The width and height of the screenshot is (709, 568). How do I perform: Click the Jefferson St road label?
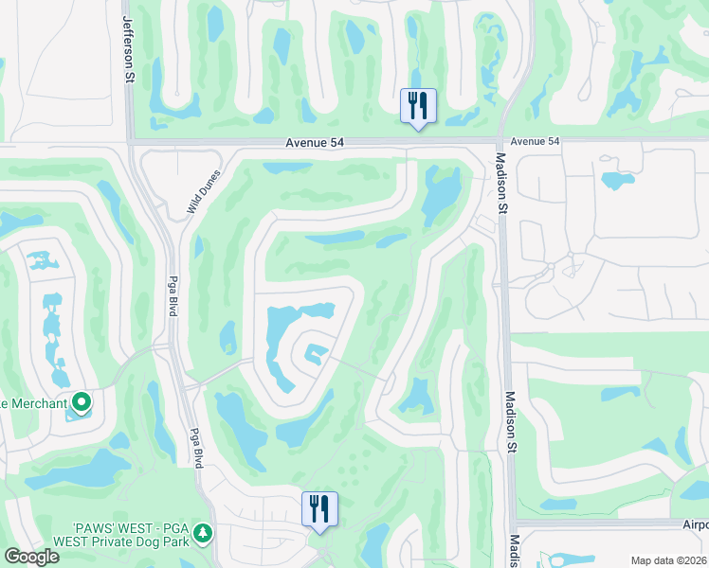(x=126, y=43)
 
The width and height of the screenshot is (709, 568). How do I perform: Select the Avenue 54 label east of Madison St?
(x=535, y=141)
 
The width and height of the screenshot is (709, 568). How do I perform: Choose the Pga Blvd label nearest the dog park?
(x=198, y=445)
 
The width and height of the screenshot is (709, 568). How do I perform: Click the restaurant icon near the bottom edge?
(x=319, y=508)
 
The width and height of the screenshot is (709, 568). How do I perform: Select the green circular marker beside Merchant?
(x=82, y=404)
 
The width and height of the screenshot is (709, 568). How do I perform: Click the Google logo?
(x=30, y=557)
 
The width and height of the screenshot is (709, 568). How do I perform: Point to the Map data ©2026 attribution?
(x=668, y=560)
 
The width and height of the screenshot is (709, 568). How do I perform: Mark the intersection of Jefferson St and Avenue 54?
(x=128, y=143)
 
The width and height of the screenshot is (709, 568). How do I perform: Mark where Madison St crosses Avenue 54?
(x=500, y=142)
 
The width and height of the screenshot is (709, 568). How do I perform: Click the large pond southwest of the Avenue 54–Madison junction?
(x=439, y=194)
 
